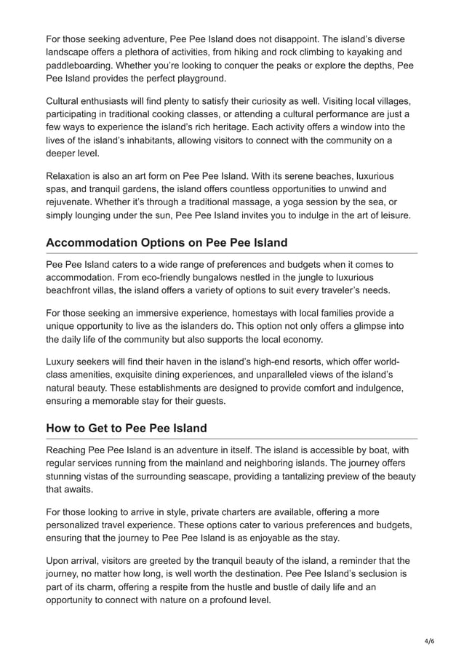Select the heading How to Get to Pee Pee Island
[127, 428]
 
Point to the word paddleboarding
[83, 65]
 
